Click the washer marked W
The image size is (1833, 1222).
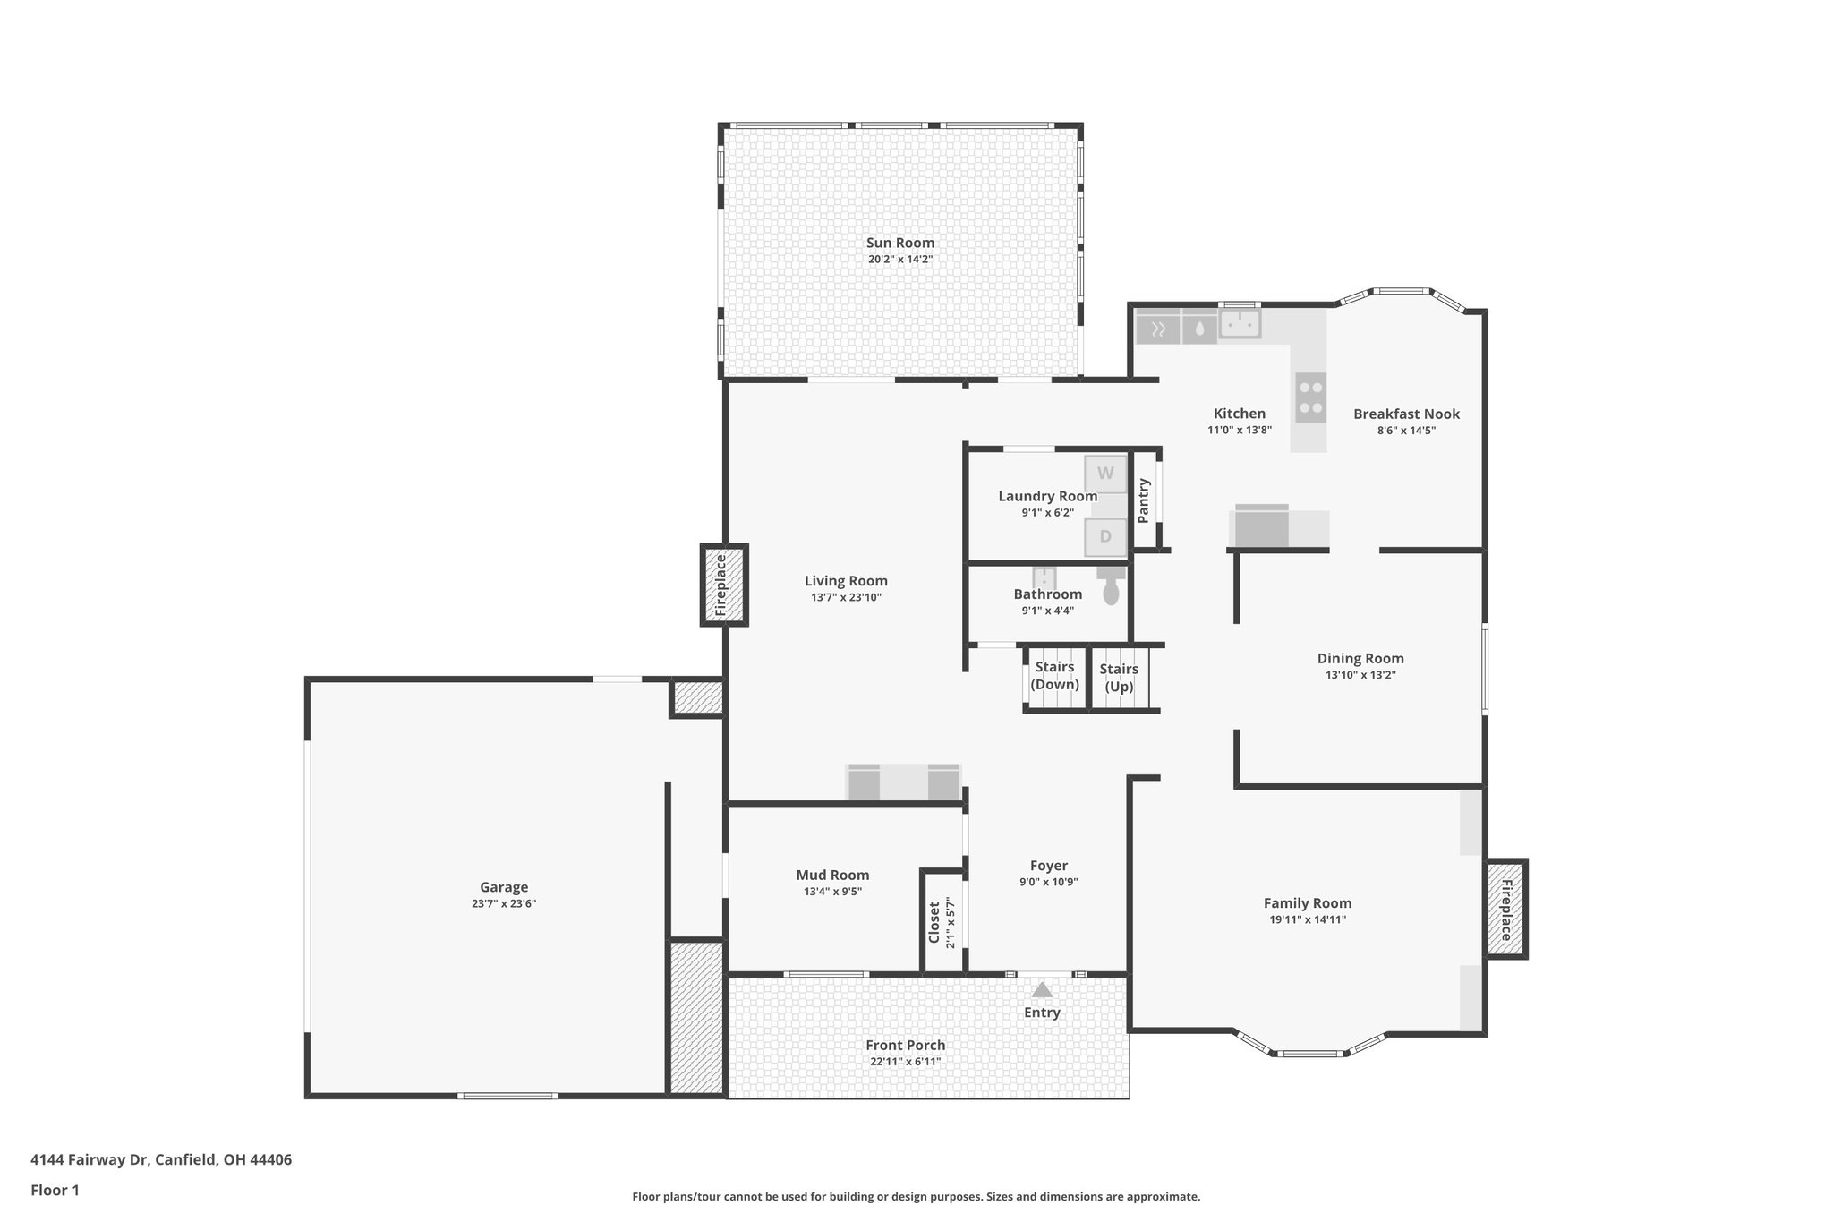point(1105,474)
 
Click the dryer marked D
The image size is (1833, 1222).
point(1105,537)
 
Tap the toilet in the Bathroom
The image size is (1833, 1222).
point(1111,587)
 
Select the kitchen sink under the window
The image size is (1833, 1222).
point(1240,323)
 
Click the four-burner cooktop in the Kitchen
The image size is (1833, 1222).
point(1310,397)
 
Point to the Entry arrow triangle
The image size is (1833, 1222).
point(1042,990)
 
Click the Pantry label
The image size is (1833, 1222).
point(1143,500)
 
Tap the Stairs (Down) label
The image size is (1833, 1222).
point(1054,676)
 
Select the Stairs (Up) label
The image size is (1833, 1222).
point(1119,678)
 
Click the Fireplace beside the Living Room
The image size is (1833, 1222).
point(722,585)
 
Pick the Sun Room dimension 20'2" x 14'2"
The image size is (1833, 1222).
point(899,260)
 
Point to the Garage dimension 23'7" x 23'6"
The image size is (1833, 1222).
point(504,904)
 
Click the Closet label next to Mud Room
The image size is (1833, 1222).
point(934,922)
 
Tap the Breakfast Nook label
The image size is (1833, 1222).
point(1406,414)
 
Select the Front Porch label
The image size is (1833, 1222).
point(905,1045)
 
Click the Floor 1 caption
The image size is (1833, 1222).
point(55,1191)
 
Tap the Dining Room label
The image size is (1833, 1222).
point(1360,659)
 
